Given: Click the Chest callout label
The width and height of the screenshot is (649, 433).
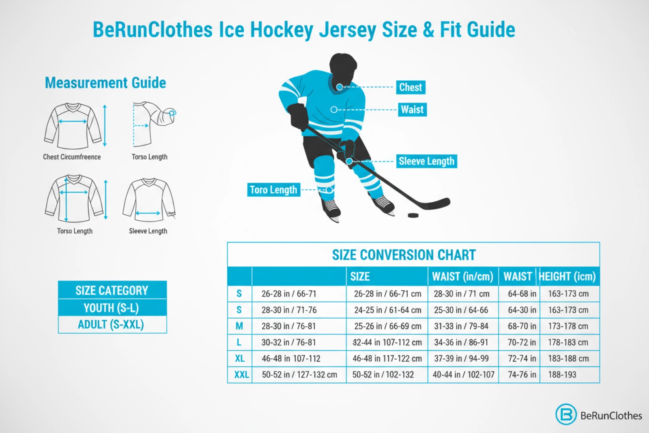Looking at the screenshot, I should [x=410, y=87].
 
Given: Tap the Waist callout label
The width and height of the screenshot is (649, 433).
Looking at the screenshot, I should [x=412, y=109].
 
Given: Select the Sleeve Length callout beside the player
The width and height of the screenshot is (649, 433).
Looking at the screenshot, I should [x=426, y=161].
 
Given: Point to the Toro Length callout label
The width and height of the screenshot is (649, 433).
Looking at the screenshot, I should [x=273, y=190].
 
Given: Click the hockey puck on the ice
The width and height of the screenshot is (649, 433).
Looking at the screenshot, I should [x=413, y=215].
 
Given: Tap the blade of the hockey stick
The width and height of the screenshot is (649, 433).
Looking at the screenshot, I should [x=436, y=204].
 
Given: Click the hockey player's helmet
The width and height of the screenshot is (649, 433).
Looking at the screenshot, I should [x=343, y=65].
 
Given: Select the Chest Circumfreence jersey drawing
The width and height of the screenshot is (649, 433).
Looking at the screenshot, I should [x=73, y=126].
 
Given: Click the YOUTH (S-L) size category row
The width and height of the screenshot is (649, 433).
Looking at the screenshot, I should [x=112, y=308].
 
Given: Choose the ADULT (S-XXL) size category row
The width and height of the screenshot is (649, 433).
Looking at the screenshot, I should [x=111, y=325].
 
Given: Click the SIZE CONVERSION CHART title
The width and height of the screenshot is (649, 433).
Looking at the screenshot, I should [x=404, y=255].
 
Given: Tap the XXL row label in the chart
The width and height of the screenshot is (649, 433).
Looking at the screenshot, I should [x=241, y=375].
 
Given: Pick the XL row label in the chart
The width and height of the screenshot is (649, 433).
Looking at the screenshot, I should [x=240, y=358].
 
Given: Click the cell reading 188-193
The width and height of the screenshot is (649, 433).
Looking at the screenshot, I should [x=562, y=375].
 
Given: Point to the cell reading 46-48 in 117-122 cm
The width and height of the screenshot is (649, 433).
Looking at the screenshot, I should [x=387, y=358].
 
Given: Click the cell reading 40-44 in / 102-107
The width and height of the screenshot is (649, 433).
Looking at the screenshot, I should [x=463, y=375].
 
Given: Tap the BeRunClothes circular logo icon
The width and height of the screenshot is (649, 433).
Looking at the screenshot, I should [x=566, y=414].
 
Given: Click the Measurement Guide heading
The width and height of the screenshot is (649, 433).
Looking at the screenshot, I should [x=105, y=83].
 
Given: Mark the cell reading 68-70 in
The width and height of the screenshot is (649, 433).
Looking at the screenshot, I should [x=522, y=326].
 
